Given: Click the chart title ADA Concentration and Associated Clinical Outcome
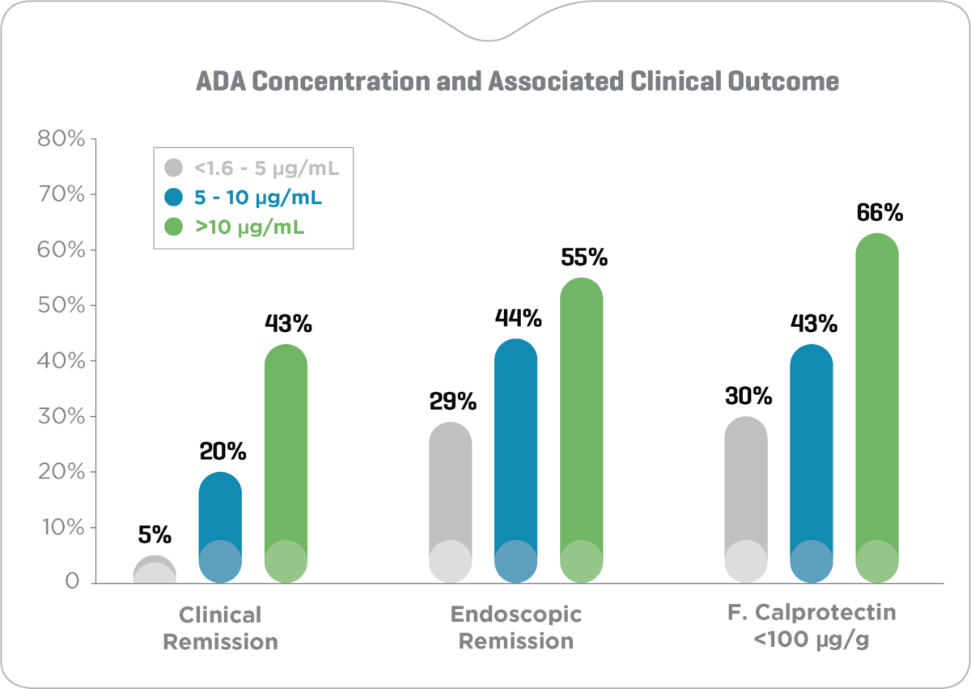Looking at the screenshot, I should point(517,82).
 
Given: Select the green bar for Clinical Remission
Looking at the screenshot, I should point(286,461).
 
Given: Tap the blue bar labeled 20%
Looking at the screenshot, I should point(220,526).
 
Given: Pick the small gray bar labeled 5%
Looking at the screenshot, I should point(155,570).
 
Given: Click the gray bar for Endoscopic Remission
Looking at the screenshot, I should point(450,502).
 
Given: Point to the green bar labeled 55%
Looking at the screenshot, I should point(581,429).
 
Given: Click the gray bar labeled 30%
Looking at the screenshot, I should point(745,499).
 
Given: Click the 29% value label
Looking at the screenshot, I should point(452,402).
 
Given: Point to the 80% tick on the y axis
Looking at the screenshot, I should point(61,139).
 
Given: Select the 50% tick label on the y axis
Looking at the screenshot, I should point(61,305).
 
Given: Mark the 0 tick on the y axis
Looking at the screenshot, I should point(73,582).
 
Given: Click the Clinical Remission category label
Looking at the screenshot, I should point(220,628).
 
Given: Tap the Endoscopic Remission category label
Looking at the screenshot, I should point(515,628).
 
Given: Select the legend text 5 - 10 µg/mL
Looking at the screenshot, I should point(261,198).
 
